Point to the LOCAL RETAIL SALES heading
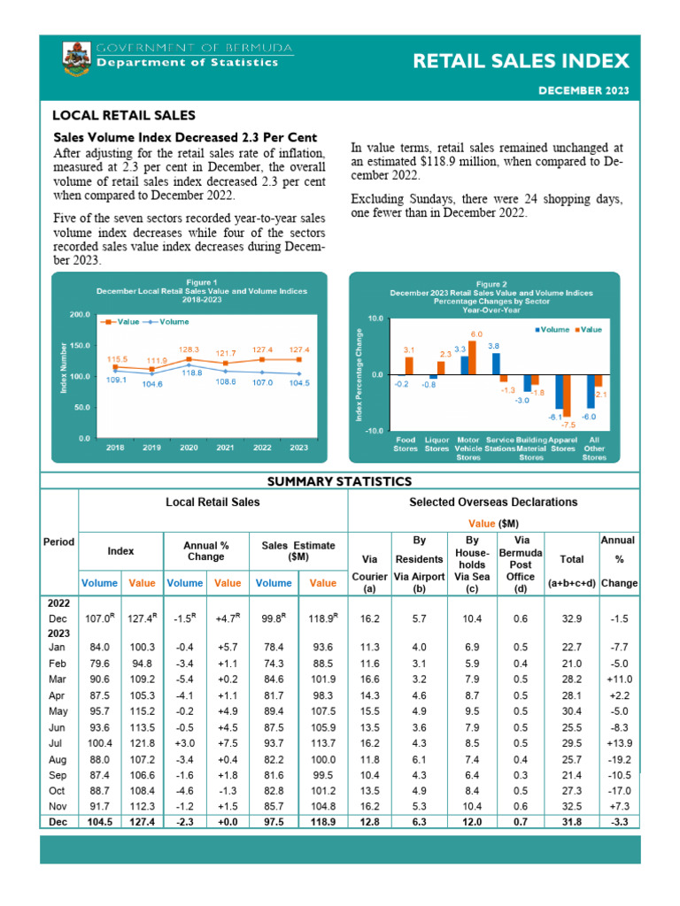click(123, 116)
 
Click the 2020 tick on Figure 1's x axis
click(189, 448)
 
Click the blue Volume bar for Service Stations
click(495, 364)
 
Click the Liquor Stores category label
click(436, 443)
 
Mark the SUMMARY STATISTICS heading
click(340, 481)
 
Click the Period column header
click(59, 541)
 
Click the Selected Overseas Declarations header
click(493, 502)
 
